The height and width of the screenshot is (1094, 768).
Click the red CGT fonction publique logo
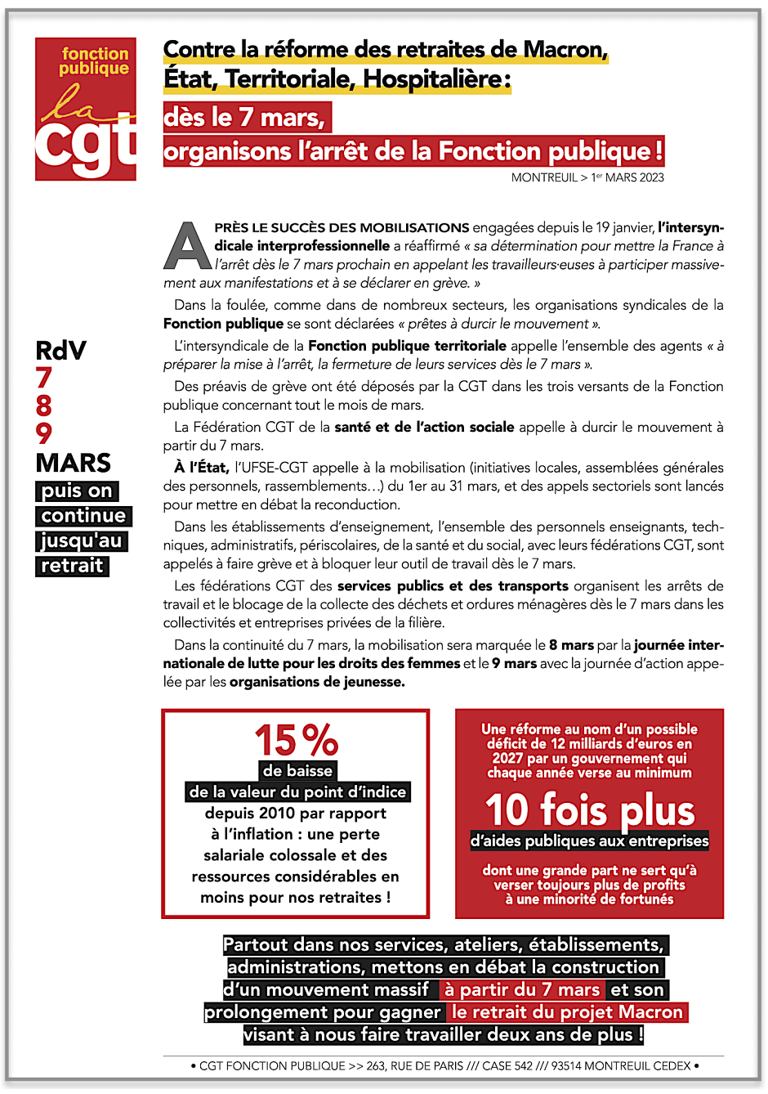pyautogui.click(x=86, y=109)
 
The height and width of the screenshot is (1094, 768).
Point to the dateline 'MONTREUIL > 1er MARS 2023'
pyautogui.click(x=587, y=177)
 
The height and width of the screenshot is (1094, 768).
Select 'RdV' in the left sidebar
pyautogui.click(x=60, y=351)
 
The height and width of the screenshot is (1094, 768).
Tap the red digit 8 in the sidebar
pyautogui.click(x=44, y=406)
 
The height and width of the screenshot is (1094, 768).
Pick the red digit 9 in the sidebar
pyautogui.click(x=44, y=433)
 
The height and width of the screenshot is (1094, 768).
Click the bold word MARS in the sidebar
pyautogui.click(x=73, y=463)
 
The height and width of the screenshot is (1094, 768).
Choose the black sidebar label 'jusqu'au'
pyautogui.click(x=81, y=540)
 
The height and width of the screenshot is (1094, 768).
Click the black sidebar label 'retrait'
pyautogui.click(x=72, y=566)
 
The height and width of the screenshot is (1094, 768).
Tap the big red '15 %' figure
pyautogui.click(x=296, y=740)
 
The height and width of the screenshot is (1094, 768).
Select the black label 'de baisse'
pyautogui.click(x=297, y=771)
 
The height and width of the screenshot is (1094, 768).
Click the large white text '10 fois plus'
pyautogui.click(x=589, y=809)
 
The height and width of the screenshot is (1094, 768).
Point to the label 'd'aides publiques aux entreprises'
pyautogui.click(x=589, y=841)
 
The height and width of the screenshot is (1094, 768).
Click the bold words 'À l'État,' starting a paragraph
pyautogui.click(x=201, y=468)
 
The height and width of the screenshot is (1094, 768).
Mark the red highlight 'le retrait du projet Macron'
pyautogui.click(x=567, y=1012)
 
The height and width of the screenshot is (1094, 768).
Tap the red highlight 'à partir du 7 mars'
pyautogui.click(x=522, y=990)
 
